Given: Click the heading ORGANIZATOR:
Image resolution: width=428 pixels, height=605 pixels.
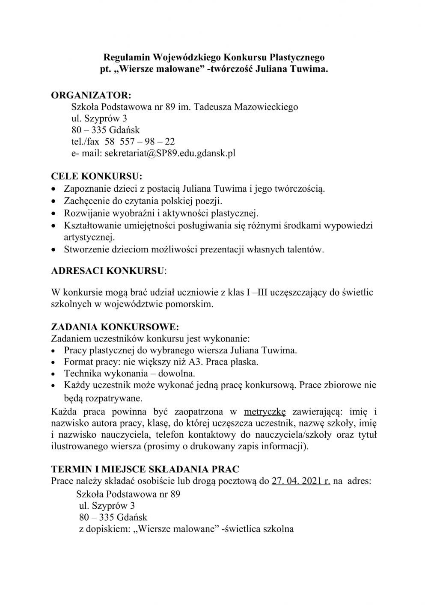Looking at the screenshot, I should pyautogui.click(x=91, y=95).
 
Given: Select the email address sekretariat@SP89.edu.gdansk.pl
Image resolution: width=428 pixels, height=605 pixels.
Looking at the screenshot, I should pyautogui.click(x=170, y=153).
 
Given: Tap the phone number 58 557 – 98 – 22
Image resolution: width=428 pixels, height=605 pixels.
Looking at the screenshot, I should pyautogui.click(x=140, y=142).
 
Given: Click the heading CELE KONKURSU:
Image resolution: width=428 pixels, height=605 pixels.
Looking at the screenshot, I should pyautogui.click(x=96, y=176).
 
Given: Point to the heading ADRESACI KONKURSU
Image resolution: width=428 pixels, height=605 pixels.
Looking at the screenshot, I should pyautogui.click(x=107, y=271).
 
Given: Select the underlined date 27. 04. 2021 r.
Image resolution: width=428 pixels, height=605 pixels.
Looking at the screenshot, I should pyautogui.click(x=301, y=481).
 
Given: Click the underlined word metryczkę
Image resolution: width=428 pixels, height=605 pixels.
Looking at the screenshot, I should pyautogui.click(x=265, y=412).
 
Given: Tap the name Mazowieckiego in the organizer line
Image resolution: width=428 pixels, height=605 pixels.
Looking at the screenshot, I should pyautogui.click(x=266, y=107).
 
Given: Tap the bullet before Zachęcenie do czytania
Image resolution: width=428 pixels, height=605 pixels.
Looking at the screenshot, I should pyautogui.click(x=53, y=201).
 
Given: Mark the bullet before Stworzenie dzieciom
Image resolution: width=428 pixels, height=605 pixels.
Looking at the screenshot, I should pyautogui.click(x=53, y=250).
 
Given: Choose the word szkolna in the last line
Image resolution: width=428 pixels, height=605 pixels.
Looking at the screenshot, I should pyautogui.click(x=278, y=528).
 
